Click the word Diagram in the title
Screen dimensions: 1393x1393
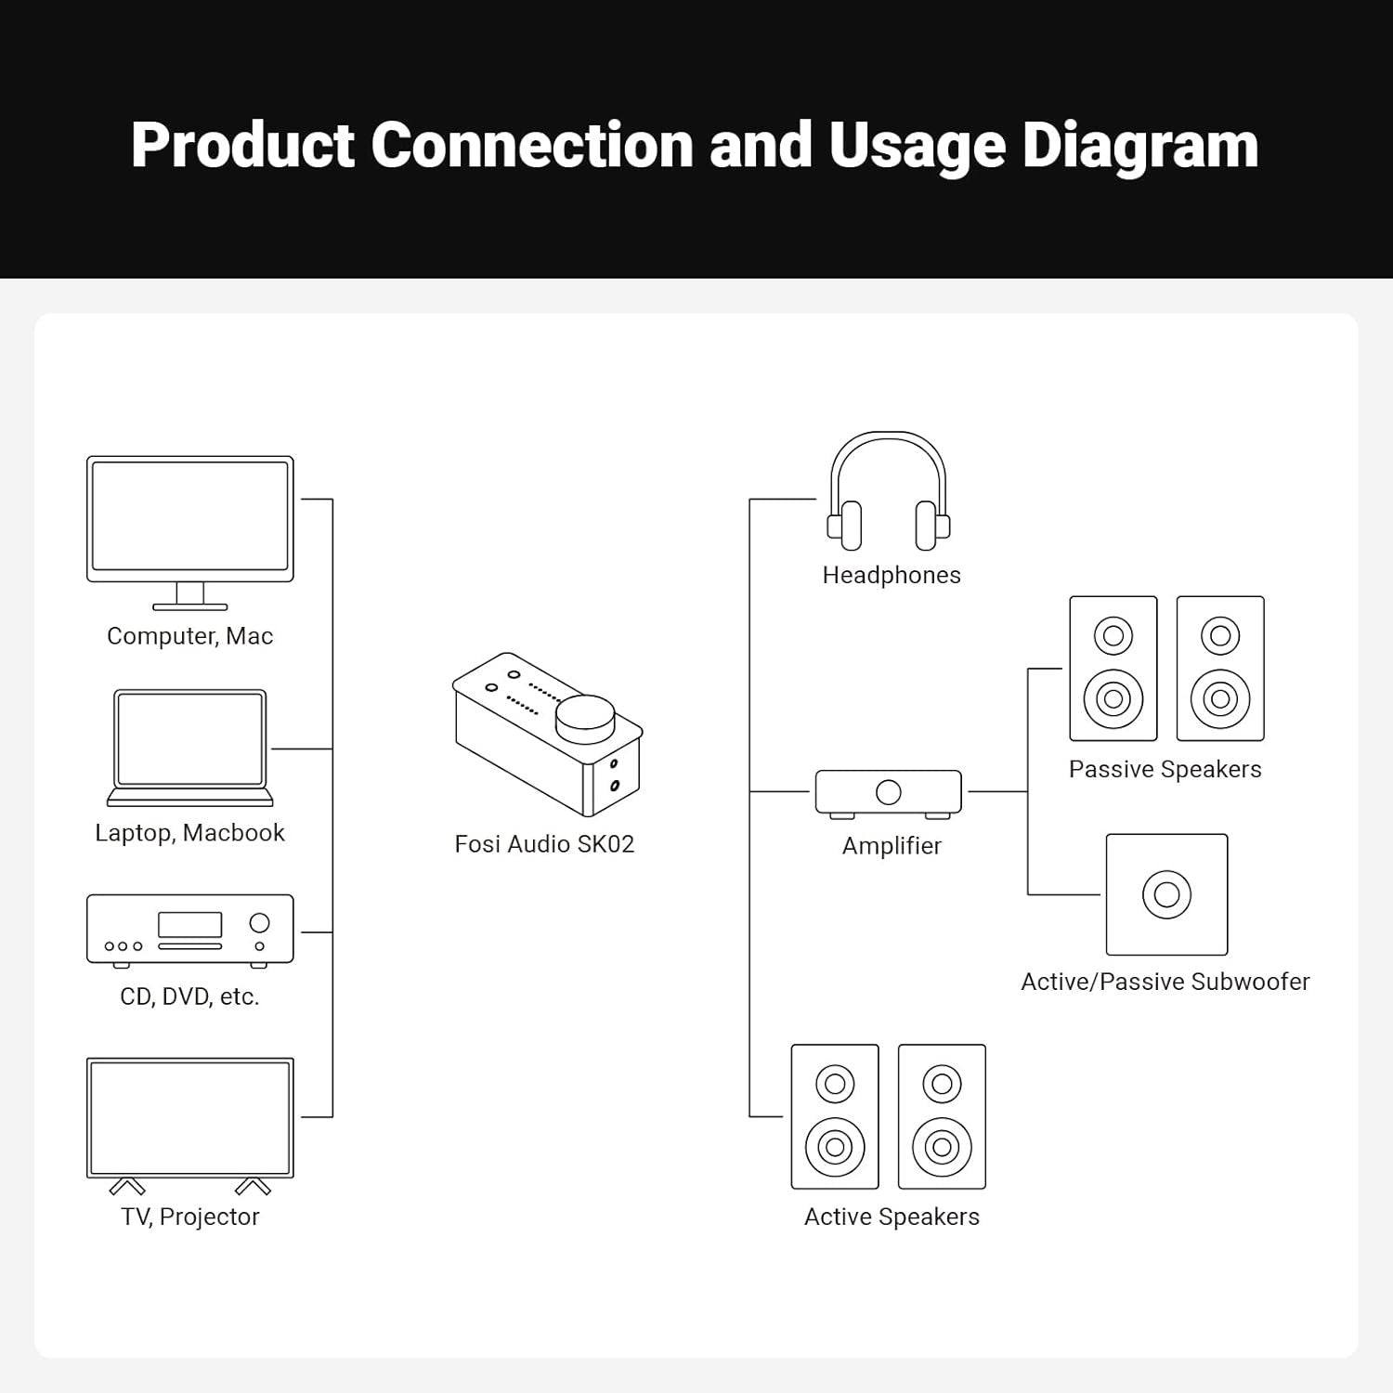1139,146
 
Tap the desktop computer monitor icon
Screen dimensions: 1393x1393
190,520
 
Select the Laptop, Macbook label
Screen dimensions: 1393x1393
189,833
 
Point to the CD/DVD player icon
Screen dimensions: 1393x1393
190,930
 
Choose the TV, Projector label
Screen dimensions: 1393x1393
190,1217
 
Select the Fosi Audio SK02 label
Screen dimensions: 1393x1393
544,844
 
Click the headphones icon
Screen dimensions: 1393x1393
889,492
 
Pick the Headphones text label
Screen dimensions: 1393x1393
892,576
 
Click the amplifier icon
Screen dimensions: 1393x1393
889,792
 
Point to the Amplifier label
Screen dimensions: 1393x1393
892,846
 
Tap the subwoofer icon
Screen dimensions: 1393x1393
1166,894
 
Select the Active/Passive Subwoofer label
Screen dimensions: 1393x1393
1165,982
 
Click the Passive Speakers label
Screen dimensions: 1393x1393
1165,770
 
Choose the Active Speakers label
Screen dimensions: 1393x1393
892,1217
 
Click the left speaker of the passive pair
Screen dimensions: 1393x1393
1113,669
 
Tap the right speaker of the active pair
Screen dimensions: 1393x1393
942,1116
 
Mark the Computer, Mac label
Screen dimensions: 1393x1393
190,636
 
